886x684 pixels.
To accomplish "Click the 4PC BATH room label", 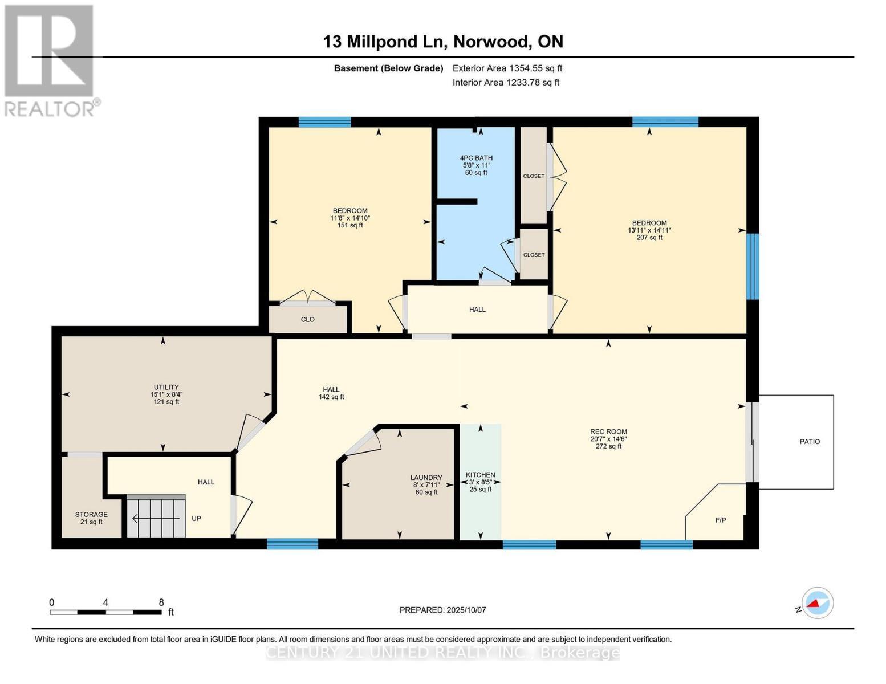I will [476, 158].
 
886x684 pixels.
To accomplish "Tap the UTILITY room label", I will [166, 387].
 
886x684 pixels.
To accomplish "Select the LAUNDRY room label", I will [426, 478].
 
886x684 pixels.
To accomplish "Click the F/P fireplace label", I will [721, 520].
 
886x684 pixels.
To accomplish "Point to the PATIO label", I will [810, 442].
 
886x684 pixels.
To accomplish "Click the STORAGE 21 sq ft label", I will [91, 518].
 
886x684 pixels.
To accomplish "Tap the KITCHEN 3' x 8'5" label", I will [480, 482].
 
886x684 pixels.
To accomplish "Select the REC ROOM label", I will [608, 432].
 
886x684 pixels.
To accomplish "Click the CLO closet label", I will [307, 320].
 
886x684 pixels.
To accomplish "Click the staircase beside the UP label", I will [156, 518].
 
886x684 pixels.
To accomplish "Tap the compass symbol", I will [818, 603].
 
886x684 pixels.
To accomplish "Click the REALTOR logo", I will [50, 60].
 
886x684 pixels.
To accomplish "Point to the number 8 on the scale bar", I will [161, 602].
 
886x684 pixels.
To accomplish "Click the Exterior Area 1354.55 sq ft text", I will [507, 68].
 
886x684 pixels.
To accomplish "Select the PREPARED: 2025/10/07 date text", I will [442, 610].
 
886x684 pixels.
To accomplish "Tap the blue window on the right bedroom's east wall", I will [753, 266].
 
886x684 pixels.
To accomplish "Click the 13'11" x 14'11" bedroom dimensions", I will [649, 230].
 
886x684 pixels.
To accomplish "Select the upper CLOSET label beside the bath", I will [534, 176].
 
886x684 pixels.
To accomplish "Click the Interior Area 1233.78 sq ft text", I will [506, 83].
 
